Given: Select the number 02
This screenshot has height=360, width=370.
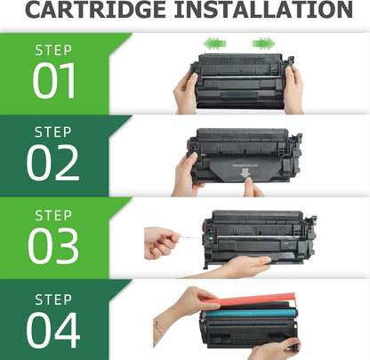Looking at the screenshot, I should [53, 163].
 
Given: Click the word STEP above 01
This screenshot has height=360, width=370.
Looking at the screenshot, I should [53, 51].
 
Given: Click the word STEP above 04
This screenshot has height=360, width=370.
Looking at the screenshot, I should [53, 297].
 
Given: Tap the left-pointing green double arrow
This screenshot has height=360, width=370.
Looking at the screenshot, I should [213, 43].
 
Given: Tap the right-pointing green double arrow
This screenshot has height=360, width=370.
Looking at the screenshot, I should [263, 43].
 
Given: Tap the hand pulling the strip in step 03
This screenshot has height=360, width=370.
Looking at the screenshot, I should [161, 241].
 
